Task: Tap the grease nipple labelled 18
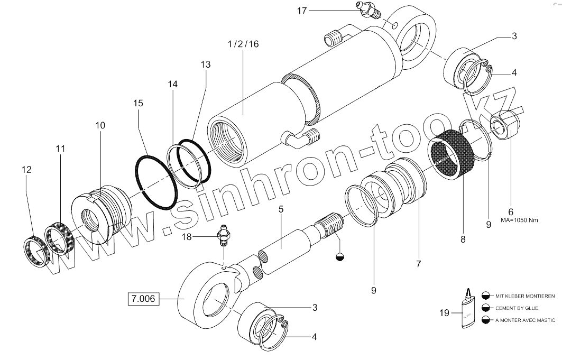(225, 237)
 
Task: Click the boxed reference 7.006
(143, 299)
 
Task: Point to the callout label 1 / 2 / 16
(243, 44)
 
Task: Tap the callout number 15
(138, 104)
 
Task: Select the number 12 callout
(26, 170)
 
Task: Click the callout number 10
(100, 125)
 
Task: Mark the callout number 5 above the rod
(281, 209)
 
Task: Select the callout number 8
(463, 239)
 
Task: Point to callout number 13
(205, 64)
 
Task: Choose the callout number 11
(61, 149)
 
